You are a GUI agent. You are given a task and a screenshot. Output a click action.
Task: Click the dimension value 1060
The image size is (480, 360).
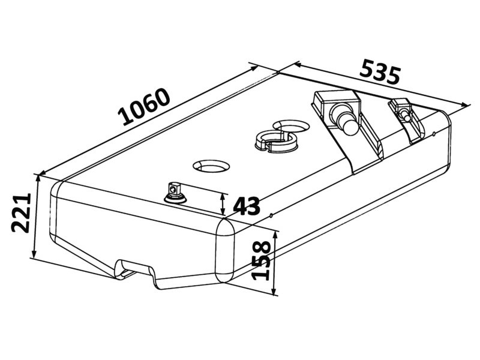click(145, 107)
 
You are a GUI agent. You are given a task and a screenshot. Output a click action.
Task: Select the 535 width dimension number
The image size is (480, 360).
click(380, 72)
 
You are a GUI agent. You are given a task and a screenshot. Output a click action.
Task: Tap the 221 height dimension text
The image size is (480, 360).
click(22, 213)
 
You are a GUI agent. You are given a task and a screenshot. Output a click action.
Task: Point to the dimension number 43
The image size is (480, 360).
click(247, 206)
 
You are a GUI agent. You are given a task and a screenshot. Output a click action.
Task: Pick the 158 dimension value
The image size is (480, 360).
click(261, 261)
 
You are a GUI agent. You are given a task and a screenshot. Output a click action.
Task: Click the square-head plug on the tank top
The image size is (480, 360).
click(175, 193)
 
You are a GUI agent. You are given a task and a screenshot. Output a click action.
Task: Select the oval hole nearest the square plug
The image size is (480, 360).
click(211, 166)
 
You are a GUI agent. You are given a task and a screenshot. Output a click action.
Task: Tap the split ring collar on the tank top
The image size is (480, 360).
click(275, 140)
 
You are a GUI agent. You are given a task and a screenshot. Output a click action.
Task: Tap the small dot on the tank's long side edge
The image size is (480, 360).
click(271, 215)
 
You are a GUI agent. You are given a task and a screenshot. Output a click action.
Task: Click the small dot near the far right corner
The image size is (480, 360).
click(434, 133)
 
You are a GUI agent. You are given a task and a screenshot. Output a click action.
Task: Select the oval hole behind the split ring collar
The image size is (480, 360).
click(292, 125)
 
